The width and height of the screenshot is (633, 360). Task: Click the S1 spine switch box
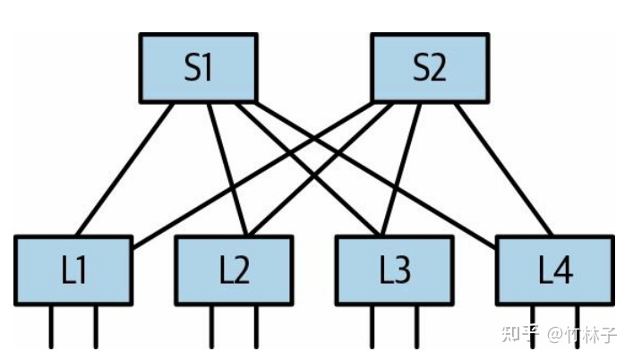pos(198,68)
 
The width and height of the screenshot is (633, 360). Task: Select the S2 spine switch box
pos(430,68)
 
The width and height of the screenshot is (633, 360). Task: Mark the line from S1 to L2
pos(224,170)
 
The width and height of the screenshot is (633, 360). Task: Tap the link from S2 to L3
pos(398,170)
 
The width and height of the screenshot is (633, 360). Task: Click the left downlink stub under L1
pos(50,326)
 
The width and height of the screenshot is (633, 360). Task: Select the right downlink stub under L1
pos(95,326)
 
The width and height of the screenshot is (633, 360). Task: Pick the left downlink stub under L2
pos(211,326)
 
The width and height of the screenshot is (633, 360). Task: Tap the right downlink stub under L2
pos(255,326)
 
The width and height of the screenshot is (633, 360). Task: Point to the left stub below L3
pos(372,326)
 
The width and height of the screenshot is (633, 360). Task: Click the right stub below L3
pos(416,326)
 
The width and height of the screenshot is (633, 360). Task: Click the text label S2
pos(430,68)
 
